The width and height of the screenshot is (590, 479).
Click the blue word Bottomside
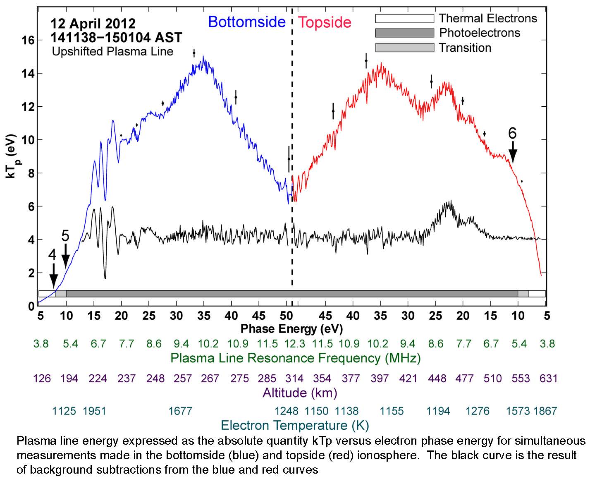pos(247,22)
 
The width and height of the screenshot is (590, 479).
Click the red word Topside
pos(325,22)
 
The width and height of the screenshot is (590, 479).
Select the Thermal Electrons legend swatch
pos(404,19)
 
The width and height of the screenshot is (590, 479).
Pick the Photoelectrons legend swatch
pos(404,33)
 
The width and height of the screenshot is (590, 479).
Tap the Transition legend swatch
pos(404,48)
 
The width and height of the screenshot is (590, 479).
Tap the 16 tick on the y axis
pos(29,40)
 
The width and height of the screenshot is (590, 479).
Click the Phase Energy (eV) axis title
pos(291,329)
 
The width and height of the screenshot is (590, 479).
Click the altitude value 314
pos(294,378)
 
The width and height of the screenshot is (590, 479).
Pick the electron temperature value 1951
pos(95,411)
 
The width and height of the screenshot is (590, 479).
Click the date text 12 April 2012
pos(93,23)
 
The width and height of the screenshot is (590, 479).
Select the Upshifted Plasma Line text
pos(112,52)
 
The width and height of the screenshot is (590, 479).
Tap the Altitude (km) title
pos(300,393)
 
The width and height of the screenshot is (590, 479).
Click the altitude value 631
pos(549,378)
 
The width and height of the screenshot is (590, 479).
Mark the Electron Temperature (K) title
pos(295,425)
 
